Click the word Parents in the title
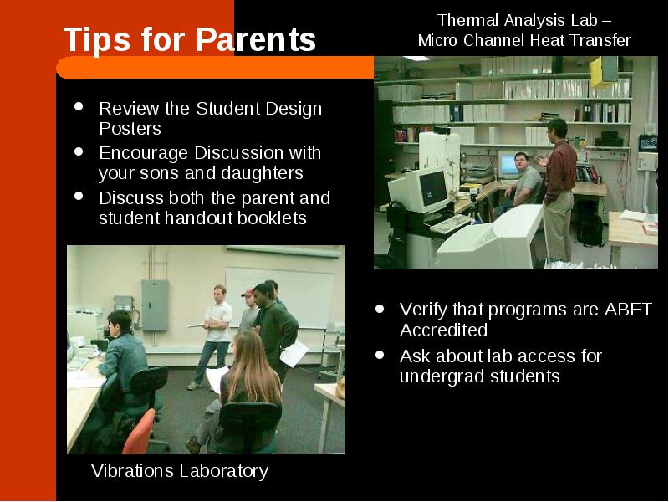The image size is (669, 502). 256,39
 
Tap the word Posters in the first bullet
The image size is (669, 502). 130,129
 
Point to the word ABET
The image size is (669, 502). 628,310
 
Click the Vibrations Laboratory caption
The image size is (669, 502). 180,471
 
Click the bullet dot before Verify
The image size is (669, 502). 380,309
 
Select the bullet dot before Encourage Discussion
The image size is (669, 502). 79,151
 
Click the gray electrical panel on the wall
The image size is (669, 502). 155,305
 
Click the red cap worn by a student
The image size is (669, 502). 248,293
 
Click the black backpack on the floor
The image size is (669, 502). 590,229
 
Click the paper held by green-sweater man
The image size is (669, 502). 294,354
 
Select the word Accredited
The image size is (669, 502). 444,330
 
